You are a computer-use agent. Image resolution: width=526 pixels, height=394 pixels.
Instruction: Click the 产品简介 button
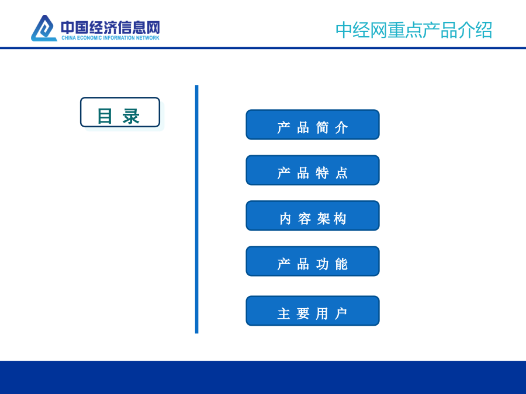313,125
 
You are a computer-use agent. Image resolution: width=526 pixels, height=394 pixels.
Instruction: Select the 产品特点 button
313,170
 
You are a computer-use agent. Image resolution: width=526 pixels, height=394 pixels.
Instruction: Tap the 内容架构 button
313,216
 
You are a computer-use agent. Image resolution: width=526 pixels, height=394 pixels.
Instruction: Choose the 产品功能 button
313,261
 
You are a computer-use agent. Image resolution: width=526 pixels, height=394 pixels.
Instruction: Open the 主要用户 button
313,311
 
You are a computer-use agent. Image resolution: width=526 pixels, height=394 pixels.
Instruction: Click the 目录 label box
120,112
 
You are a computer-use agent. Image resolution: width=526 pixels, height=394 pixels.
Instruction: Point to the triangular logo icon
44,29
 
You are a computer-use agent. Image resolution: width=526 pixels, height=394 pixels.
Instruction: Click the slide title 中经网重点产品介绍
414,30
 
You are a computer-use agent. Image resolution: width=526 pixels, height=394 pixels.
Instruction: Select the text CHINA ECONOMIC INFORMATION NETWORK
110,38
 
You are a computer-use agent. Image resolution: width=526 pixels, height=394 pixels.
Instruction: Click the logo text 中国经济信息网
110,27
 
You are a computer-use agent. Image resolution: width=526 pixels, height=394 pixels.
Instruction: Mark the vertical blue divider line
196,210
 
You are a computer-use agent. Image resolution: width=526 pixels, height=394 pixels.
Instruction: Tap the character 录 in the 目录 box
131,117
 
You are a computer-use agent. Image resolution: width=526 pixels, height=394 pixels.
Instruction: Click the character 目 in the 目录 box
105,116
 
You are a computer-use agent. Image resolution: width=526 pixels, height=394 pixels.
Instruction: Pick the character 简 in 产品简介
322,128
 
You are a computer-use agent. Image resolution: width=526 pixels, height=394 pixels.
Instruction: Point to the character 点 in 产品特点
341,173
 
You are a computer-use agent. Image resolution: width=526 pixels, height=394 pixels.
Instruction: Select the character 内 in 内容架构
285,219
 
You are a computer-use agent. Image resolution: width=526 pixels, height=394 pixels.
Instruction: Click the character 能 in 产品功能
341,264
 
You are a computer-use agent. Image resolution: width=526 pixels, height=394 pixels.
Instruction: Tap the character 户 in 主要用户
341,314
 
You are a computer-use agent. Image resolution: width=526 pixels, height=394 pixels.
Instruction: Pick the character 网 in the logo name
153,27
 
